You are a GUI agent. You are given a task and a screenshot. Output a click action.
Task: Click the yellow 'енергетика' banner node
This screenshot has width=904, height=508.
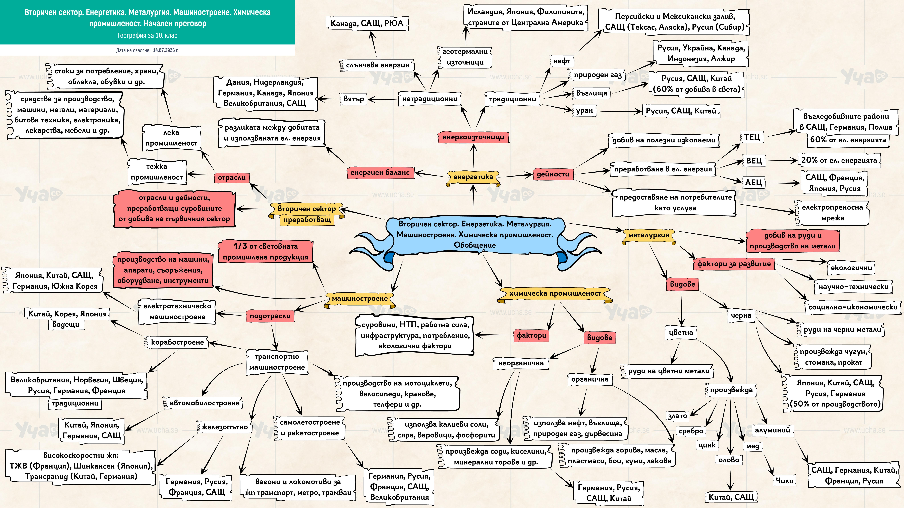pyautogui.click(x=473, y=177)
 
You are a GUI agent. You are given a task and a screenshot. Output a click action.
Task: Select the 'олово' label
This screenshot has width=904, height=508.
pyautogui.click(x=729, y=460)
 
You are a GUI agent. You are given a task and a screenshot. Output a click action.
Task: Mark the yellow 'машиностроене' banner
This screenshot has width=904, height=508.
pyautogui.click(x=360, y=299)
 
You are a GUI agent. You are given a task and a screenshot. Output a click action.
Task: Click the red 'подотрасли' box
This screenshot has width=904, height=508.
pyautogui.click(x=270, y=316)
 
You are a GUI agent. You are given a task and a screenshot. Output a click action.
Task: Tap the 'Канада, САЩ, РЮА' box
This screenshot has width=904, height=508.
pyautogui.click(x=367, y=23)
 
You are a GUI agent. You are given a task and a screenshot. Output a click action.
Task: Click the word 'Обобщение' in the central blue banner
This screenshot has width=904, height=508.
pyautogui.click(x=475, y=245)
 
